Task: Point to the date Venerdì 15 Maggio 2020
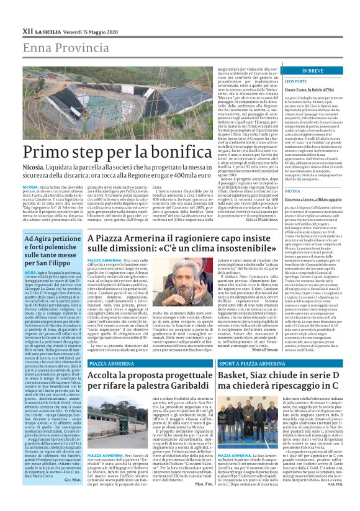pos(87,13)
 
